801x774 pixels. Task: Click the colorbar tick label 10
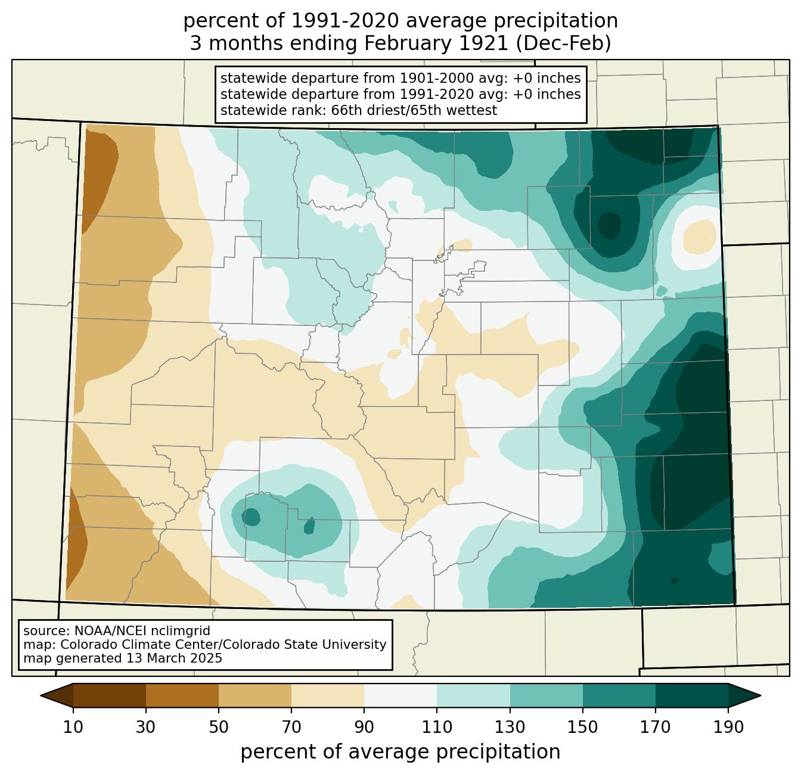(x=73, y=727)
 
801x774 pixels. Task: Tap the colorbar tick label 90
(x=364, y=727)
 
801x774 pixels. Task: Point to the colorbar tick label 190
(x=728, y=727)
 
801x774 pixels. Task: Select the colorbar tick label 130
(x=510, y=727)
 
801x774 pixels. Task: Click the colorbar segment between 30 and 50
(x=182, y=695)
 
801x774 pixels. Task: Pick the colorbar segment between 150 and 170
(x=619, y=695)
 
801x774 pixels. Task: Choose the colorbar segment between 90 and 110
(x=401, y=695)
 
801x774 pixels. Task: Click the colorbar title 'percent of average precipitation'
(x=401, y=752)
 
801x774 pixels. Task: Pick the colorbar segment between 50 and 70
(x=255, y=695)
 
